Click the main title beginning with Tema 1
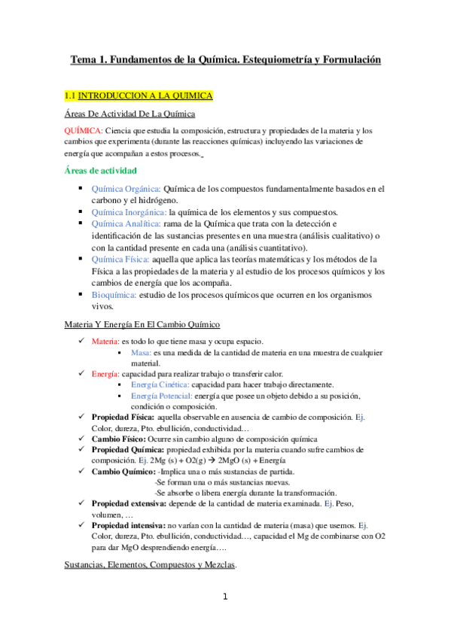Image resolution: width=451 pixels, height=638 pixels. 226,59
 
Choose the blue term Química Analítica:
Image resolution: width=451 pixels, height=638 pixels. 126,224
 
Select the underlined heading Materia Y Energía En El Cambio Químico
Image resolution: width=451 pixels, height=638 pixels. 142,324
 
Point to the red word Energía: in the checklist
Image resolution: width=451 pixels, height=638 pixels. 105,374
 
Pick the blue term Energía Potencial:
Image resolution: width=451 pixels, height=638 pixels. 161,396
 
